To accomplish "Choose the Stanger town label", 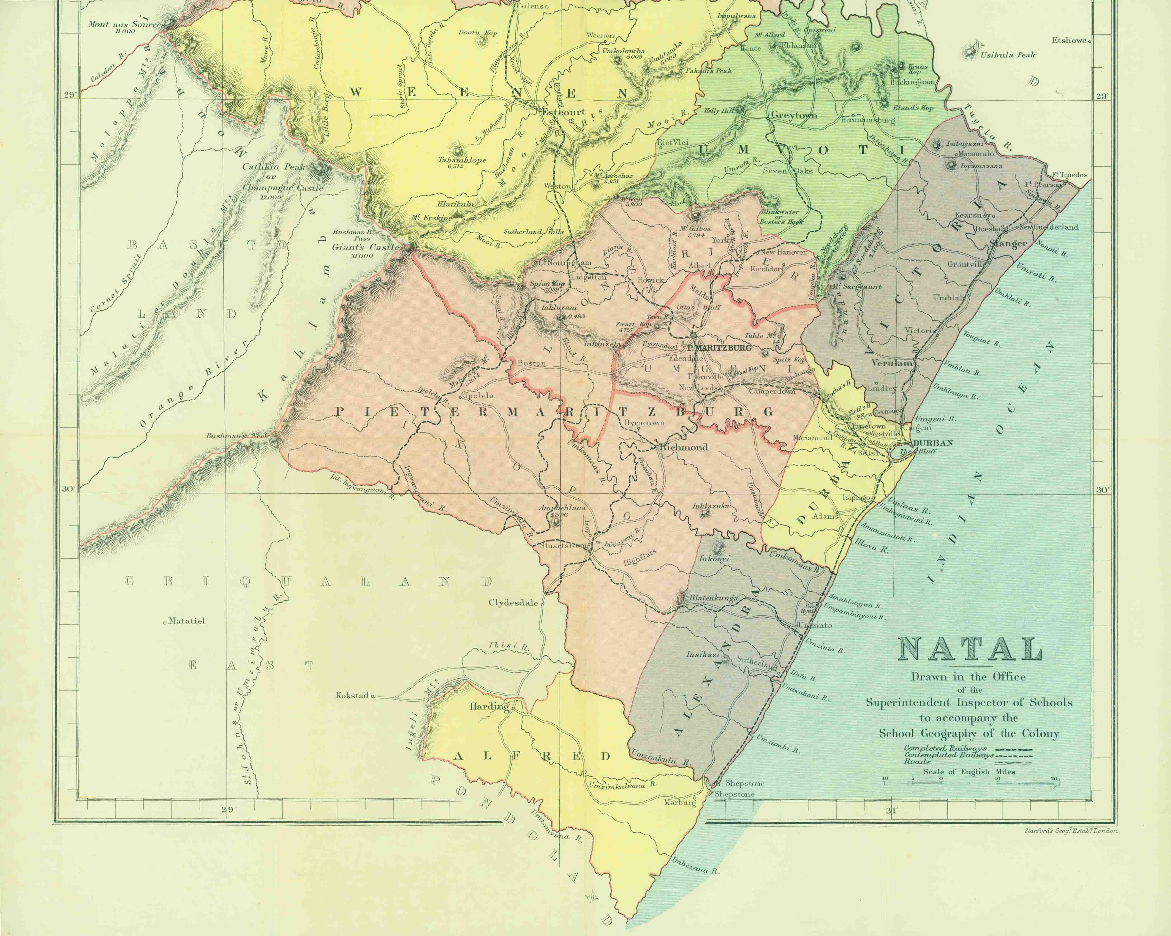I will (x=1009, y=244).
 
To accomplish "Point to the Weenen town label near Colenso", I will (x=600, y=36).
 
